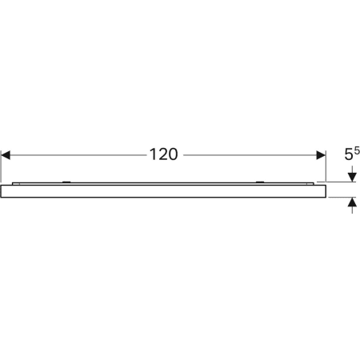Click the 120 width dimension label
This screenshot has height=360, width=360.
pyautogui.click(x=163, y=155)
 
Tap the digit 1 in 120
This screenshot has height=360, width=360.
pyautogui.click(x=152, y=155)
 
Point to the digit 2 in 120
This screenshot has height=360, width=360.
pyautogui.click(x=162, y=155)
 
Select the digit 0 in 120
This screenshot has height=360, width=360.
pyautogui.click(x=174, y=155)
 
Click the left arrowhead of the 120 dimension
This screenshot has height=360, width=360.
pyautogui.click(x=6, y=155)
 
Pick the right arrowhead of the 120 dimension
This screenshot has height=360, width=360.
pyautogui.click(x=321, y=155)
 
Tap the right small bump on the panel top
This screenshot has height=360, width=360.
pyautogui.click(x=259, y=182)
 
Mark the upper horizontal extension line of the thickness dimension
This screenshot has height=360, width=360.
pyautogui.click(x=342, y=182)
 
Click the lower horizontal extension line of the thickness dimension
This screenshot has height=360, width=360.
pyautogui.click(x=342, y=196)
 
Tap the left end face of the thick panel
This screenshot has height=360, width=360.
pyautogui.click(x=2, y=190)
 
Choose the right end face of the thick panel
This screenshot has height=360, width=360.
pyautogui.click(x=325, y=190)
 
